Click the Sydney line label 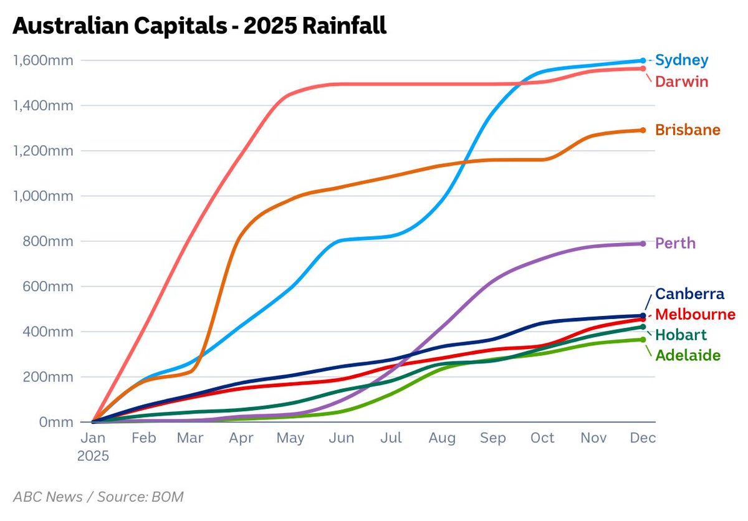682,60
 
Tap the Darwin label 681,82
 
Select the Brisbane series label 688,130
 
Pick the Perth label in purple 675,243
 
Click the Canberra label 689,294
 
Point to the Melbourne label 695,314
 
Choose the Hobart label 681,335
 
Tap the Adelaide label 688,355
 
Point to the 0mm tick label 56,422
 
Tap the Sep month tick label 492,438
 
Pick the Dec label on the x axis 643,438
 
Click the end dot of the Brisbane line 643,130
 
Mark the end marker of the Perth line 643,244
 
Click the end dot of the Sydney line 643,60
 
